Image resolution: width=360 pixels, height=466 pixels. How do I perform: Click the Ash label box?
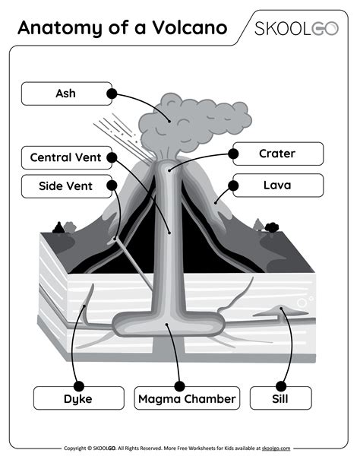[x=65, y=94]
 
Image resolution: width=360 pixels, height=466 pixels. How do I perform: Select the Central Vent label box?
[x=65, y=158]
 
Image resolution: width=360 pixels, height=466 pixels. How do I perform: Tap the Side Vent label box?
[x=65, y=185]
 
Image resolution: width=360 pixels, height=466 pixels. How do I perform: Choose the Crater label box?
[x=277, y=154]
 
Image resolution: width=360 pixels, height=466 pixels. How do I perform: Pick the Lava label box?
[x=277, y=185]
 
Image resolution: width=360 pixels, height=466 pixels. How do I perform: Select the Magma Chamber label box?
[x=187, y=398]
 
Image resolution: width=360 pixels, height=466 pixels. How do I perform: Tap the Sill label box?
[x=281, y=398]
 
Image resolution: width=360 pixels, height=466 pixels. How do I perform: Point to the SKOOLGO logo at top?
[x=296, y=29]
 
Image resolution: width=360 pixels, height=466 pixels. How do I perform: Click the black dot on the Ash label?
[x=112, y=94]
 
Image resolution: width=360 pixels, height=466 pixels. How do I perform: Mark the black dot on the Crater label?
[x=233, y=154]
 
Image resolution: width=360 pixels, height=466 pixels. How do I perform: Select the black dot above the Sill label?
[x=281, y=386]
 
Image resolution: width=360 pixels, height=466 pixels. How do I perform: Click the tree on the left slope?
[x=59, y=227]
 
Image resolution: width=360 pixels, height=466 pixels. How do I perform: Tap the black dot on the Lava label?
[x=233, y=185]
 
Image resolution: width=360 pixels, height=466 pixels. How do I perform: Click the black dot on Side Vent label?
[x=112, y=185]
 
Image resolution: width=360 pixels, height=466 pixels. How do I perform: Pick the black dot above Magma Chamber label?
[x=179, y=386]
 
